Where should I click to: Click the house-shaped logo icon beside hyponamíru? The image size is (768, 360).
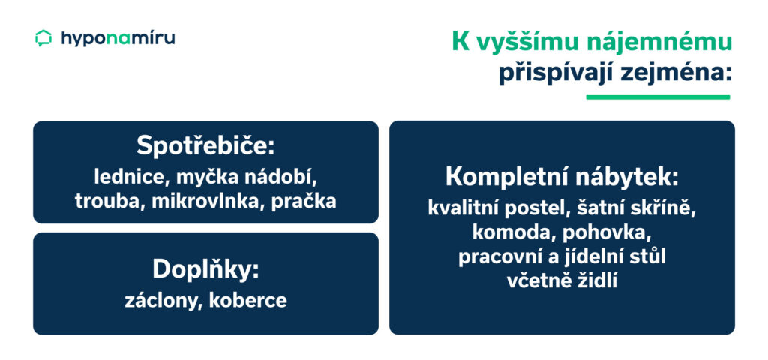(x=43, y=38)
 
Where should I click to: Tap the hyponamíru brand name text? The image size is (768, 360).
(x=118, y=38)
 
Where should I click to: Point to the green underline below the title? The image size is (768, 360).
(x=657, y=97)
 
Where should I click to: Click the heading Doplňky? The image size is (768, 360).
(x=205, y=269)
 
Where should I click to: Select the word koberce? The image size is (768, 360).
(x=249, y=301)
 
